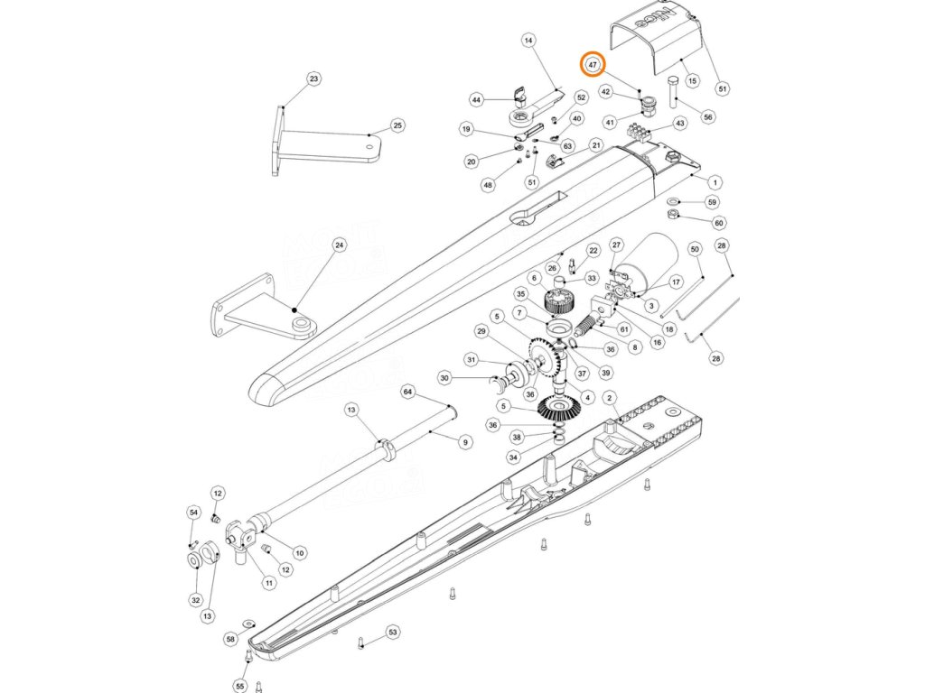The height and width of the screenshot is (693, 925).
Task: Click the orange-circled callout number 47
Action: point(593,65)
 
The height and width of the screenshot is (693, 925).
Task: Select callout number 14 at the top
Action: point(528,41)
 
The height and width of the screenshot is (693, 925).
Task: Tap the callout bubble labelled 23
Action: point(313,79)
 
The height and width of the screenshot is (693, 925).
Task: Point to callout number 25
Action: point(397,125)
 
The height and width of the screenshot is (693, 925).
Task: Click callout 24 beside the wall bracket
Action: point(339,245)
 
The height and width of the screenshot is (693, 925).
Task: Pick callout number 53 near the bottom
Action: point(393,633)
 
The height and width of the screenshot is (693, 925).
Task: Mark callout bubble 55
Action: point(239,687)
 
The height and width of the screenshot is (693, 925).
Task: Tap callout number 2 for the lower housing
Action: point(610,397)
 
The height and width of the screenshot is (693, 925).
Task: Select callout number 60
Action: point(719,223)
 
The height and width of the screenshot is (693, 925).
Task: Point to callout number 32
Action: point(195,600)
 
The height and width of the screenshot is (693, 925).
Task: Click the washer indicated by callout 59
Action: point(674,200)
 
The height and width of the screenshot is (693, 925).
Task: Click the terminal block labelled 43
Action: point(644,132)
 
